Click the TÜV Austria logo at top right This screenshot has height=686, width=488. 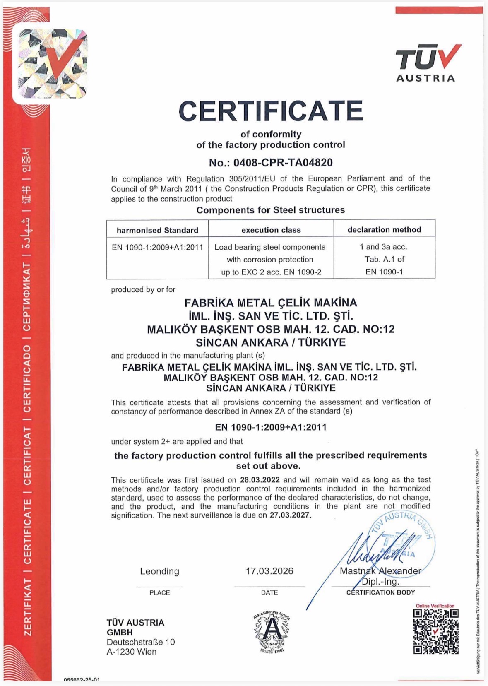click(427, 63)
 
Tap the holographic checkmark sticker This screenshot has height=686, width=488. click(52, 63)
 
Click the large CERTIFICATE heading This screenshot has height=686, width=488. click(271, 111)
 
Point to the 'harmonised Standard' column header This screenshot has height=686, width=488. click(157, 230)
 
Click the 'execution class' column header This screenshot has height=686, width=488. click(271, 230)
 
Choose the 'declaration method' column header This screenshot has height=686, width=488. click(384, 230)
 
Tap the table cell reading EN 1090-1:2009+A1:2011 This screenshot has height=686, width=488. click(157, 248)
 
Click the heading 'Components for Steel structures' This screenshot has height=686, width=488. click(271, 210)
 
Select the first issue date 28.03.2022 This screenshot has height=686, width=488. click(260, 480)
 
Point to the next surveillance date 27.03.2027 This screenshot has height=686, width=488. click(290, 515)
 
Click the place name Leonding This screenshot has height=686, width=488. click(159, 571)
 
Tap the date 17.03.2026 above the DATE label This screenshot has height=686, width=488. click(269, 571)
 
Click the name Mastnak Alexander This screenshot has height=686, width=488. click(380, 571)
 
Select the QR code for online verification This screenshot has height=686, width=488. click(436, 631)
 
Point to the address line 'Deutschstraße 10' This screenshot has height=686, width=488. click(141, 642)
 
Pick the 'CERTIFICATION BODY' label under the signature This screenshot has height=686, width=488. click(380, 592)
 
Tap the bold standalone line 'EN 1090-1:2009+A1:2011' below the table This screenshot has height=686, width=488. click(271, 427)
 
